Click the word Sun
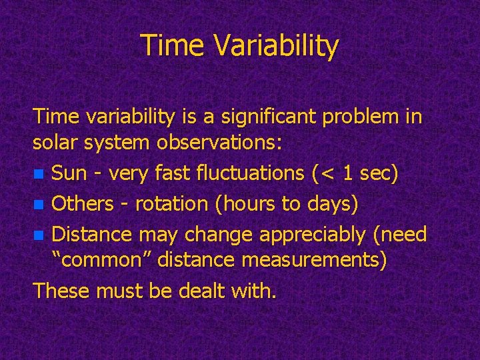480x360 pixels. coord(69,173)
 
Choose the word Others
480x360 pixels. coord(83,203)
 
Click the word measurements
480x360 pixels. coord(313,260)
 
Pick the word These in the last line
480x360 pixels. coord(61,290)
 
